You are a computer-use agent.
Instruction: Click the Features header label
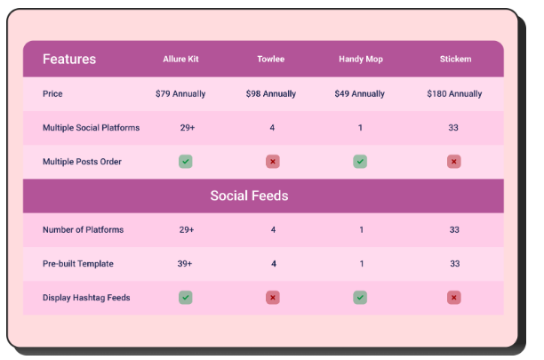(x=69, y=60)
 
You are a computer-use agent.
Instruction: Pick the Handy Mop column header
(x=361, y=60)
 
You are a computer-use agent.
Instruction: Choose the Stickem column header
(x=455, y=60)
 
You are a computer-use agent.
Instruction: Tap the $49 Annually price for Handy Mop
(x=360, y=93)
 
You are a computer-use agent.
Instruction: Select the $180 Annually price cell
(x=454, y=93)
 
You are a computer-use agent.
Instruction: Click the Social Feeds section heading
(x=261, y=196)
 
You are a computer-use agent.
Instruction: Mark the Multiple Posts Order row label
(x=82, y=162)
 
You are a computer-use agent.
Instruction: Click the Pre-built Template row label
(x=78, y=264)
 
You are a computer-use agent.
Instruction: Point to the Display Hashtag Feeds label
(x=86, y=298)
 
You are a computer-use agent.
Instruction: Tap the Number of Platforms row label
(x=83, y=230)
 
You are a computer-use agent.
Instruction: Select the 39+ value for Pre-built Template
(x=187, y=264)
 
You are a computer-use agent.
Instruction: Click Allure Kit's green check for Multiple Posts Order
(x=185, y=162)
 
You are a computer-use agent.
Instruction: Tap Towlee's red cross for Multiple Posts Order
(x=273, y=162)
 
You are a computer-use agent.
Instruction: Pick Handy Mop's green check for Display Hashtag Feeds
(x=360, y=298)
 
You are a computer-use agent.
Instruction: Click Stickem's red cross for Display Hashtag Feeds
(x=454, y=298)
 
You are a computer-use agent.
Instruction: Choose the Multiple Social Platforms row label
(x=91, y=128)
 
